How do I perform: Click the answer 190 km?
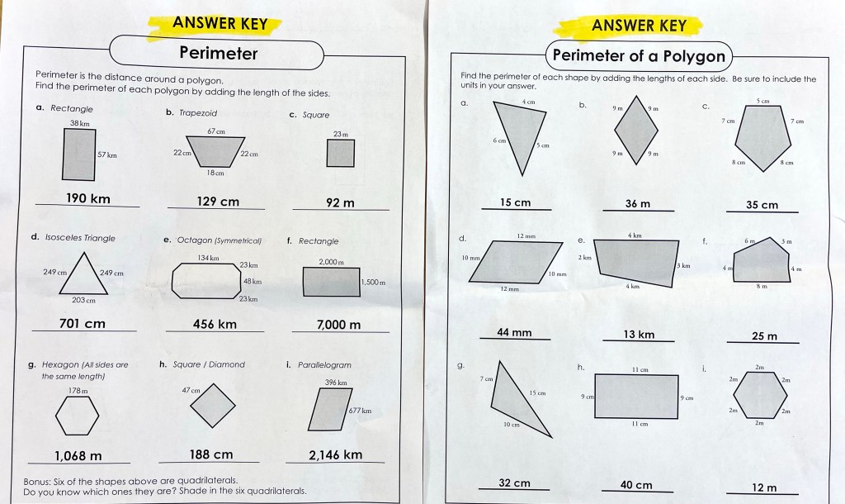click(87, 198)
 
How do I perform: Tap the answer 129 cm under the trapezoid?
click(218, 202)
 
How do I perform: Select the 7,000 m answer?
click(338, 325)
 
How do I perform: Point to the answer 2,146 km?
click(335, 455)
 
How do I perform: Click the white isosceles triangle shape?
click(83, 275)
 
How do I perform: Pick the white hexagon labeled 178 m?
click(78, 416)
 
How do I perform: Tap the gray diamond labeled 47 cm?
click(213, 405)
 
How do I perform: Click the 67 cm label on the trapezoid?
click(216, 131)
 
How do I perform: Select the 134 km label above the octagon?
click(208, 258)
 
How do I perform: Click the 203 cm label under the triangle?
click(83, 300)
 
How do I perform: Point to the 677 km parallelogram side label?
click(360, 411)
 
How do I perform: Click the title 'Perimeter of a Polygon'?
click(640, 55)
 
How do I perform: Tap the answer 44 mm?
click(514, 332)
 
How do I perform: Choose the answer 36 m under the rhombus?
click(638, 204)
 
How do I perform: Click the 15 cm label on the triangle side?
click(537, 392)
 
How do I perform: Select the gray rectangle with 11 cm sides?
click(636, 397)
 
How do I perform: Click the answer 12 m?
click(764, 487)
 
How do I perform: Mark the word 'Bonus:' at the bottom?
click(37, 481)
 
